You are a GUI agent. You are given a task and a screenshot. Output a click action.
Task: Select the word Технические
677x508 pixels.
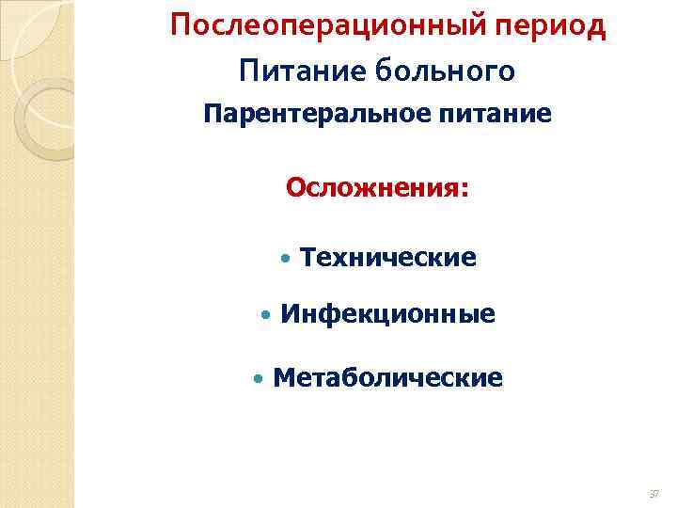388,257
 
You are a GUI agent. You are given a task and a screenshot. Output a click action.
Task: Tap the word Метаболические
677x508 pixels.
387,378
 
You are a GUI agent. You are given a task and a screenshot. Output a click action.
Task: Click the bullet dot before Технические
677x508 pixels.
286,258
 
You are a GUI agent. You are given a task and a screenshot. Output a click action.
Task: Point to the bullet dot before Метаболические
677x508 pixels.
259,379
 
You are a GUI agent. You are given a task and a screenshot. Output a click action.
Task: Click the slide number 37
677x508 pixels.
653,493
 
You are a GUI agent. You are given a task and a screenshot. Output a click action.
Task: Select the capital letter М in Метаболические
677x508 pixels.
283,378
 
